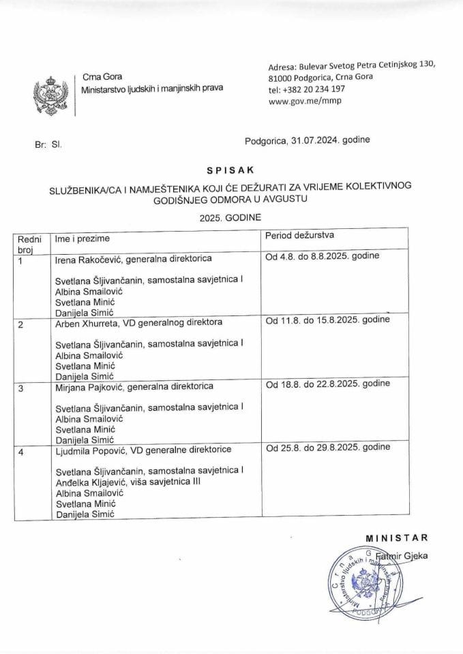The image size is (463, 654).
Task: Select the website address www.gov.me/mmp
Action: (304, 102)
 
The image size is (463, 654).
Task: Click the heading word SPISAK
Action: (231, 167)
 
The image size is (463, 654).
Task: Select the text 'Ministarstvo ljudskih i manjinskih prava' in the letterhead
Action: (151, 90)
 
